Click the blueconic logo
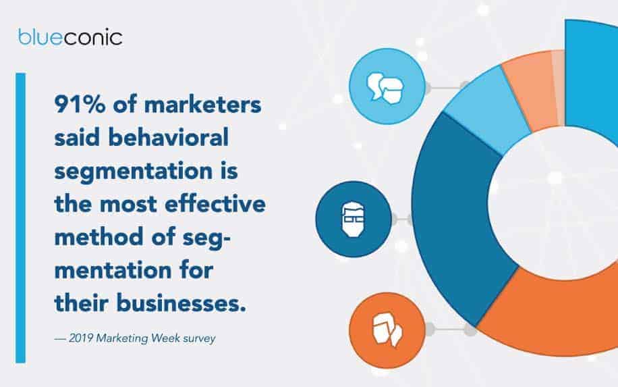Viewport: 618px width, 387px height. (70, 37)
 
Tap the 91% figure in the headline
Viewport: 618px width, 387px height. (80, 105)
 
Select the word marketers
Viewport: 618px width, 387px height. (202, 105)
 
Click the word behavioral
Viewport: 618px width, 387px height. (169, 138)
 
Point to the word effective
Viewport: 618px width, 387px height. (215, 205)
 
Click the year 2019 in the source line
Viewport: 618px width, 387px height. (81, 338)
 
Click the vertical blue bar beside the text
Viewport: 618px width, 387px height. (20, 217)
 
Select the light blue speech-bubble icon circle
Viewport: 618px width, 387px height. (387, 86)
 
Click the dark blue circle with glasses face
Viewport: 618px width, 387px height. (354, 220)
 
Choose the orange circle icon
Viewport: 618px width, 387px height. (387, 330)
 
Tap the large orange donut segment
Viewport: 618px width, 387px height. (552, 315)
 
